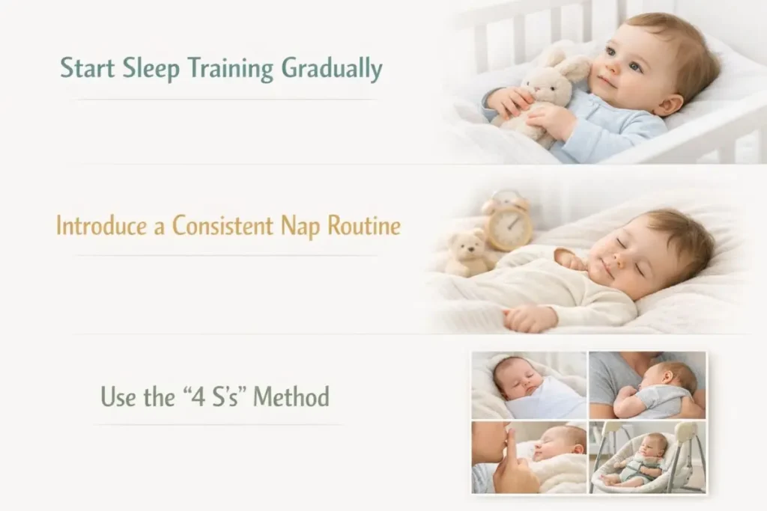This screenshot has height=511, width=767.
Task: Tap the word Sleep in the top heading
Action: [x=151, y=68]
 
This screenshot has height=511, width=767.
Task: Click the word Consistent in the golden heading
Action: [x=222, y=225]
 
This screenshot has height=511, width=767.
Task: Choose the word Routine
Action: [x=364, y=225]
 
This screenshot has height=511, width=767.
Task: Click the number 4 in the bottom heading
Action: [x=198, y=397]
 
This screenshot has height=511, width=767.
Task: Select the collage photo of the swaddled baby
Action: [x=529, y=385]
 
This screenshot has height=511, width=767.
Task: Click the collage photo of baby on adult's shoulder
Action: [x=647, y=385]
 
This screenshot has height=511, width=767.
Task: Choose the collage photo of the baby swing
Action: [x=647, y=457]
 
